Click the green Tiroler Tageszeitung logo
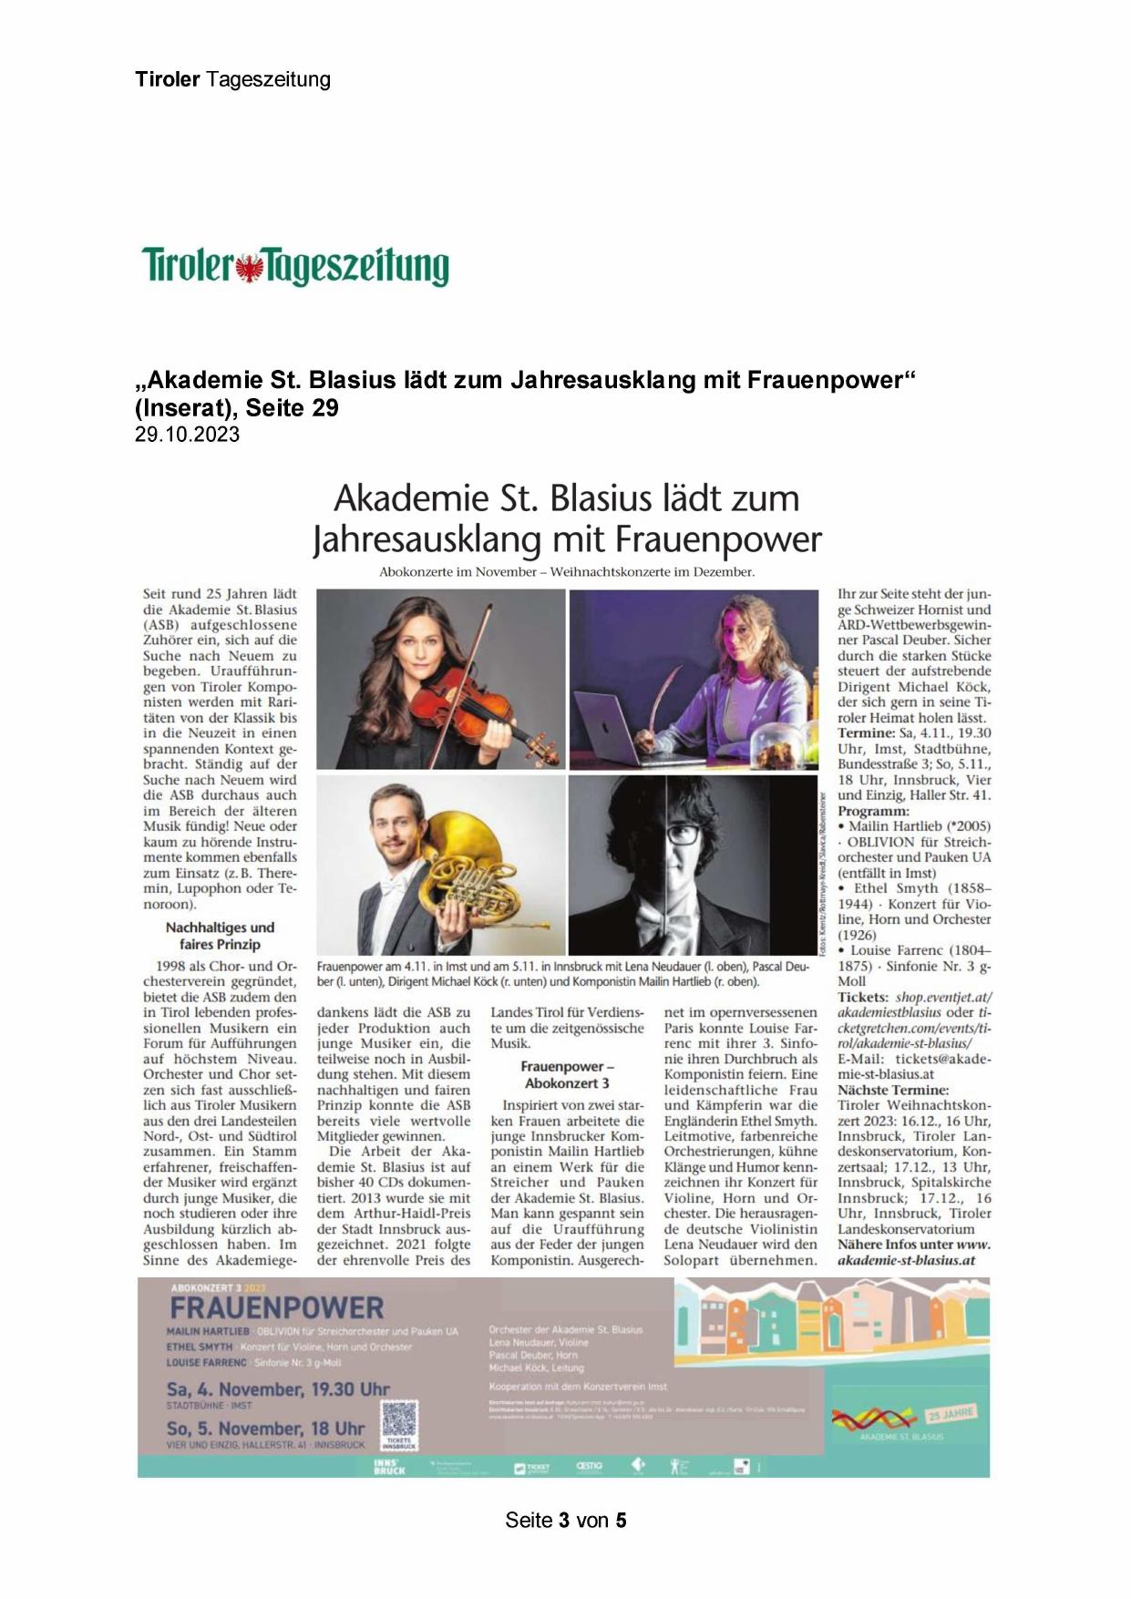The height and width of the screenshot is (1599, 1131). click(295, 266)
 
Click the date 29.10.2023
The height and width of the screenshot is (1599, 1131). click(187, 435)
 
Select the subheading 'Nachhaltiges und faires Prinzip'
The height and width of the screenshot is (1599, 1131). click(220, 936)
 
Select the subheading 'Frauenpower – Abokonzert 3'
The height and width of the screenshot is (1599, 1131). click(567, 1074)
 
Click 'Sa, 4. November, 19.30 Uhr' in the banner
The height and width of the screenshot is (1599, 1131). click(278, 1389)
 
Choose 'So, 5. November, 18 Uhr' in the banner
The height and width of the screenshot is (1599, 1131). click(265, 1429)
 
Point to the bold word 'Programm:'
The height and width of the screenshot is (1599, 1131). click(873, 811)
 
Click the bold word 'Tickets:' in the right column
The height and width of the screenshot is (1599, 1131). click(863, 998)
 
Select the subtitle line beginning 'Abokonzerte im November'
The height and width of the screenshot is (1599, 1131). click(567, 572)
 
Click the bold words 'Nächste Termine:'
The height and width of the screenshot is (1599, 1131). click(893, 1090)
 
